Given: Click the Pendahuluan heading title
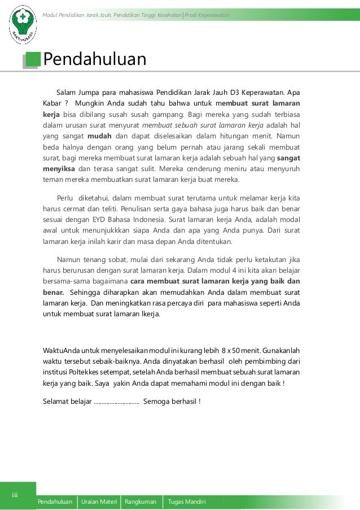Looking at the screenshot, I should click(x=95, y=59).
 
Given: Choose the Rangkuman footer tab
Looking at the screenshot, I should click(x=141, y=502).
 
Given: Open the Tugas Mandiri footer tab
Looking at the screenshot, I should click(x=186, y=502).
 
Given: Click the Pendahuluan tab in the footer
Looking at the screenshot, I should click(x=55, y=502).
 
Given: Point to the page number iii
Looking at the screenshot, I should click(x=15, y=495).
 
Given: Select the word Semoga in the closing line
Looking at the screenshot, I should click(x=158, y=402).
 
